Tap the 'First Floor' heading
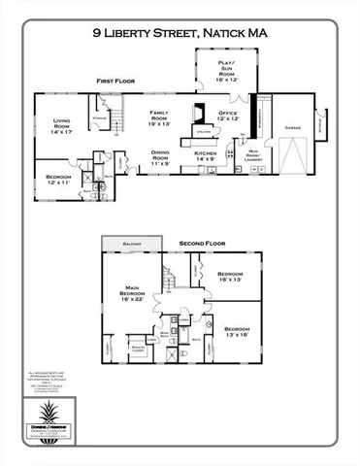pyautogui.click(x=115, y=82)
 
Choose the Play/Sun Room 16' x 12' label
pyautogui.click(x=226, y=68)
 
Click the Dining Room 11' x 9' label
pyautogui.click(x=161, y=158)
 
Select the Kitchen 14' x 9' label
pyautogui.click(x=204, y=156)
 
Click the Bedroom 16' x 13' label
pyautogui.click(x=230, y=278)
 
